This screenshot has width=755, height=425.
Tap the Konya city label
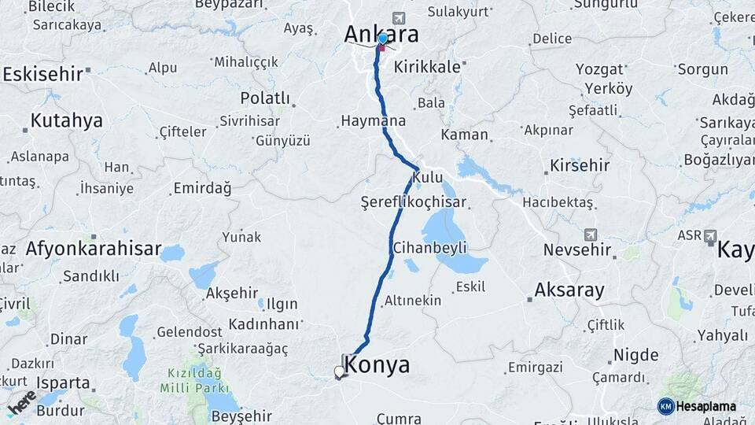click(x=377, y=365)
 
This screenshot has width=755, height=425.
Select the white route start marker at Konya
click(x=339, y=371)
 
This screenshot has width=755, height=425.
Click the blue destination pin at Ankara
click(x=382, y=39)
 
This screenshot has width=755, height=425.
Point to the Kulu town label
click(x=427, y=177)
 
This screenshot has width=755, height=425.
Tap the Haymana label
click(x=373, y=121)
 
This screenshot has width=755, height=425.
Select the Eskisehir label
click(x=43, y=74)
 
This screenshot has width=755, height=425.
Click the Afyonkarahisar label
click(x=93, y=249)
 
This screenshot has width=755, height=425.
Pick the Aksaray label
click(x=569, y=290)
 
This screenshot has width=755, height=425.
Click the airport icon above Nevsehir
click(x=591, y=235)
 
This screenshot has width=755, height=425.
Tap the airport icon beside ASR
click(x=710, y=235)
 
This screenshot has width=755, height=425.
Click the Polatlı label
click(x=265, y=98)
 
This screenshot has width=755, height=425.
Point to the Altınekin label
click(x=413, y=301)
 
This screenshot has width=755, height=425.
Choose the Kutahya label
click(x=67, y=121)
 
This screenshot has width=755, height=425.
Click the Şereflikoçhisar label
click(x=413, y=201)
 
